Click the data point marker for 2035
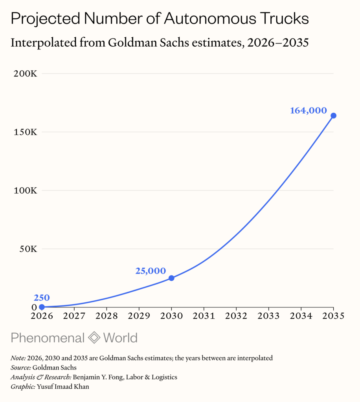(333, 116)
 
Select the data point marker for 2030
(171, 278)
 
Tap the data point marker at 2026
(42, 307)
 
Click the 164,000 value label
(309, 110)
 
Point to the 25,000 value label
(151, 271)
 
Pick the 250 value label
(42, 298)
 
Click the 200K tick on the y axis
(26, 73)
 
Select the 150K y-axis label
(26, 132)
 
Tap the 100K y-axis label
(26, 190)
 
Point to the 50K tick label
(28, 249)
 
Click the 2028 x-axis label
(107, 316)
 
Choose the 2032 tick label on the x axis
(236, 316)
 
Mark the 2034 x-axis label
(301, 316)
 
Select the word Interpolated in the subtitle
(44, 42)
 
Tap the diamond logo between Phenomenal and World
(94, 337)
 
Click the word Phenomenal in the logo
(48, 338)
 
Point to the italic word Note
(18, 358)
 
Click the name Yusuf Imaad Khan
(63, 387)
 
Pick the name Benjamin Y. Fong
(98, 377)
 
